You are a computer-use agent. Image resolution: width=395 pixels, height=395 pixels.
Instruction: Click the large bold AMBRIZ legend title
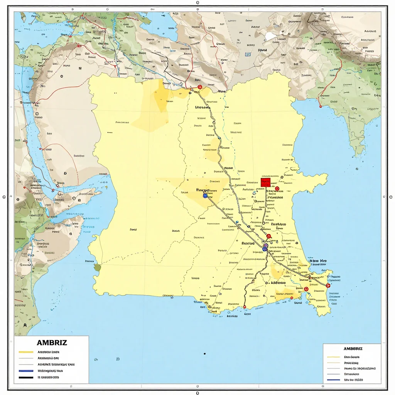[52, 343]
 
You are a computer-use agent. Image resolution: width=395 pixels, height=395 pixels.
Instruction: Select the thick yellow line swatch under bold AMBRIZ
[26, 352]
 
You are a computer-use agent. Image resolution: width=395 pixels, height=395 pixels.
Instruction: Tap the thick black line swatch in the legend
[26, 377]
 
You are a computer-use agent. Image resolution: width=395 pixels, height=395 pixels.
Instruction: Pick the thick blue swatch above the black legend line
[26, 371]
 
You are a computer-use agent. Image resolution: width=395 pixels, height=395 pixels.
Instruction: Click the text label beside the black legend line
[48, 377]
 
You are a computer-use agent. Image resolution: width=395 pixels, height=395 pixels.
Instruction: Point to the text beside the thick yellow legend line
[48, 352]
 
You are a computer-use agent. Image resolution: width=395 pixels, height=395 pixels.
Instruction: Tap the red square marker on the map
[265, 182]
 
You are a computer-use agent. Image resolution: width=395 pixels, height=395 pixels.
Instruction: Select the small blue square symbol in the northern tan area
[248, 55]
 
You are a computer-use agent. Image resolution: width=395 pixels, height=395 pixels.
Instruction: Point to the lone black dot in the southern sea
[204, 353]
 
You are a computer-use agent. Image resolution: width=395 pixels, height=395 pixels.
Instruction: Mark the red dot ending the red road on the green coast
[320, 106]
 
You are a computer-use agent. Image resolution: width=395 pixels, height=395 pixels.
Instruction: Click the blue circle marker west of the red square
[205, 196]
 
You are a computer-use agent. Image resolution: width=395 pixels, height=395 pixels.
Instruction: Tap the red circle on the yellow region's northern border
[199, 87]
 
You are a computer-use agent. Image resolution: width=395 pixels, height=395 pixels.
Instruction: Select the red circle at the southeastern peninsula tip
[328, 285]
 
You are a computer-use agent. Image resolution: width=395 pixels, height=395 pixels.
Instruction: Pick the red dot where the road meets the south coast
[244, 307]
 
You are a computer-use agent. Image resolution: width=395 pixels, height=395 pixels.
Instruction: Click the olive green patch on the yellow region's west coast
[97, 267]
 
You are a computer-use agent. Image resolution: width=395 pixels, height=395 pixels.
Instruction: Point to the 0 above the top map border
[197, 2]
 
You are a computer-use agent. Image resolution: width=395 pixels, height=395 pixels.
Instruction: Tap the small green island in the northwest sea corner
[24, 17]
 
